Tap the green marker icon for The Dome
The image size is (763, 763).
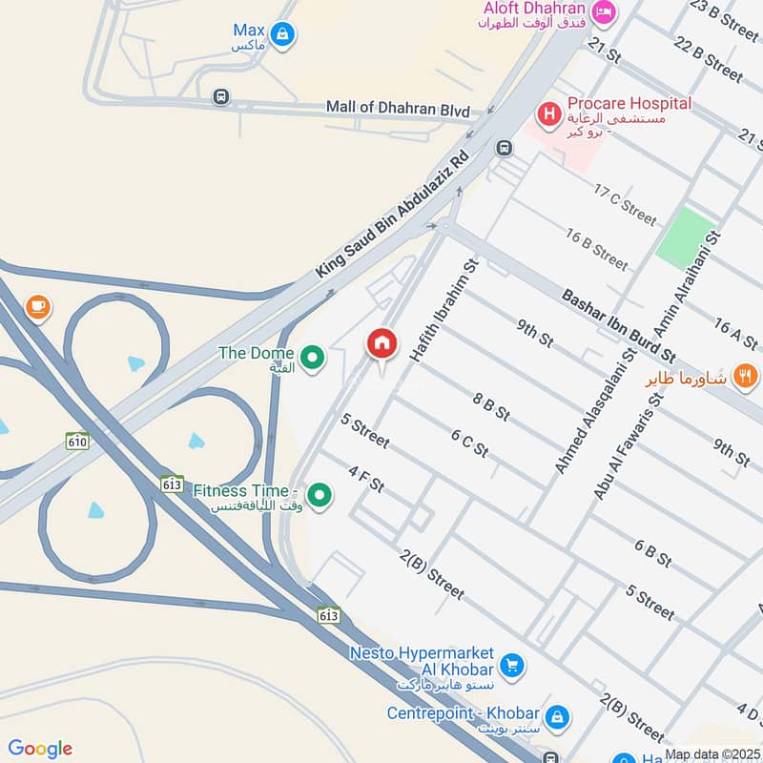pyautogui.click(x=311, y=359)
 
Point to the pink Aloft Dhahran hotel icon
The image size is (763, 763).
pyautogui.click(x=603, y=11)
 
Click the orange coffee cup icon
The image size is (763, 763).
pyautogui.click(x=37, y=306)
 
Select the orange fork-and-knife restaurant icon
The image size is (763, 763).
pyautogui.click(x=746, y=377)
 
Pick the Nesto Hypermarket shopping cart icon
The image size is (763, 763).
pyautogui.click(x=512, y=664)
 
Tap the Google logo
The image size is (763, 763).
pyautogui.click(x=40, y=748)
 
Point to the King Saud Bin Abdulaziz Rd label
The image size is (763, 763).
pyautogui.click(x=393, y=215)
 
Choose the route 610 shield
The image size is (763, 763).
pyautogui.click(x=77, y=441)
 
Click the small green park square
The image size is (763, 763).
pyautogui.click(x=685, y=237)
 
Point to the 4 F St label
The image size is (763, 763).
pyautogui.click(x=366, y=479)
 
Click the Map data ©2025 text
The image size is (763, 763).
pyautogui.click(x=711, y=754)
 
